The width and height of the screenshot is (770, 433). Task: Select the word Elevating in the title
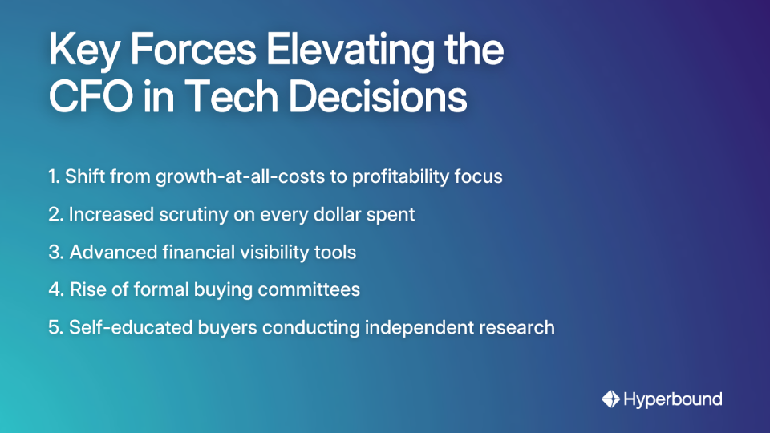click(351, 51)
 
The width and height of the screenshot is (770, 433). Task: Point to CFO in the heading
click(91, 96)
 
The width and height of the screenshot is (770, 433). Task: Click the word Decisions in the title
click(378, 96)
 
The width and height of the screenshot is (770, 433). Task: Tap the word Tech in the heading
click(230, 96)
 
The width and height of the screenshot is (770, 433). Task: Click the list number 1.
click(54, 176)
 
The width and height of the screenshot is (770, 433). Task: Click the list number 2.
click(55, 215)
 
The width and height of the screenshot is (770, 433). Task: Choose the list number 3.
click(56, 253)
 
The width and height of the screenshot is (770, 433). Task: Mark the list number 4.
click(56, 289)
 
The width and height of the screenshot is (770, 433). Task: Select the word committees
click(309, 289)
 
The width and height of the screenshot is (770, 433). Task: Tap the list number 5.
click(56, 327)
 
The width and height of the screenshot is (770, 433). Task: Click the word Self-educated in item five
click(131, 327)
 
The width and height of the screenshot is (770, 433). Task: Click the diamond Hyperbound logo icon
click(611, 399)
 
